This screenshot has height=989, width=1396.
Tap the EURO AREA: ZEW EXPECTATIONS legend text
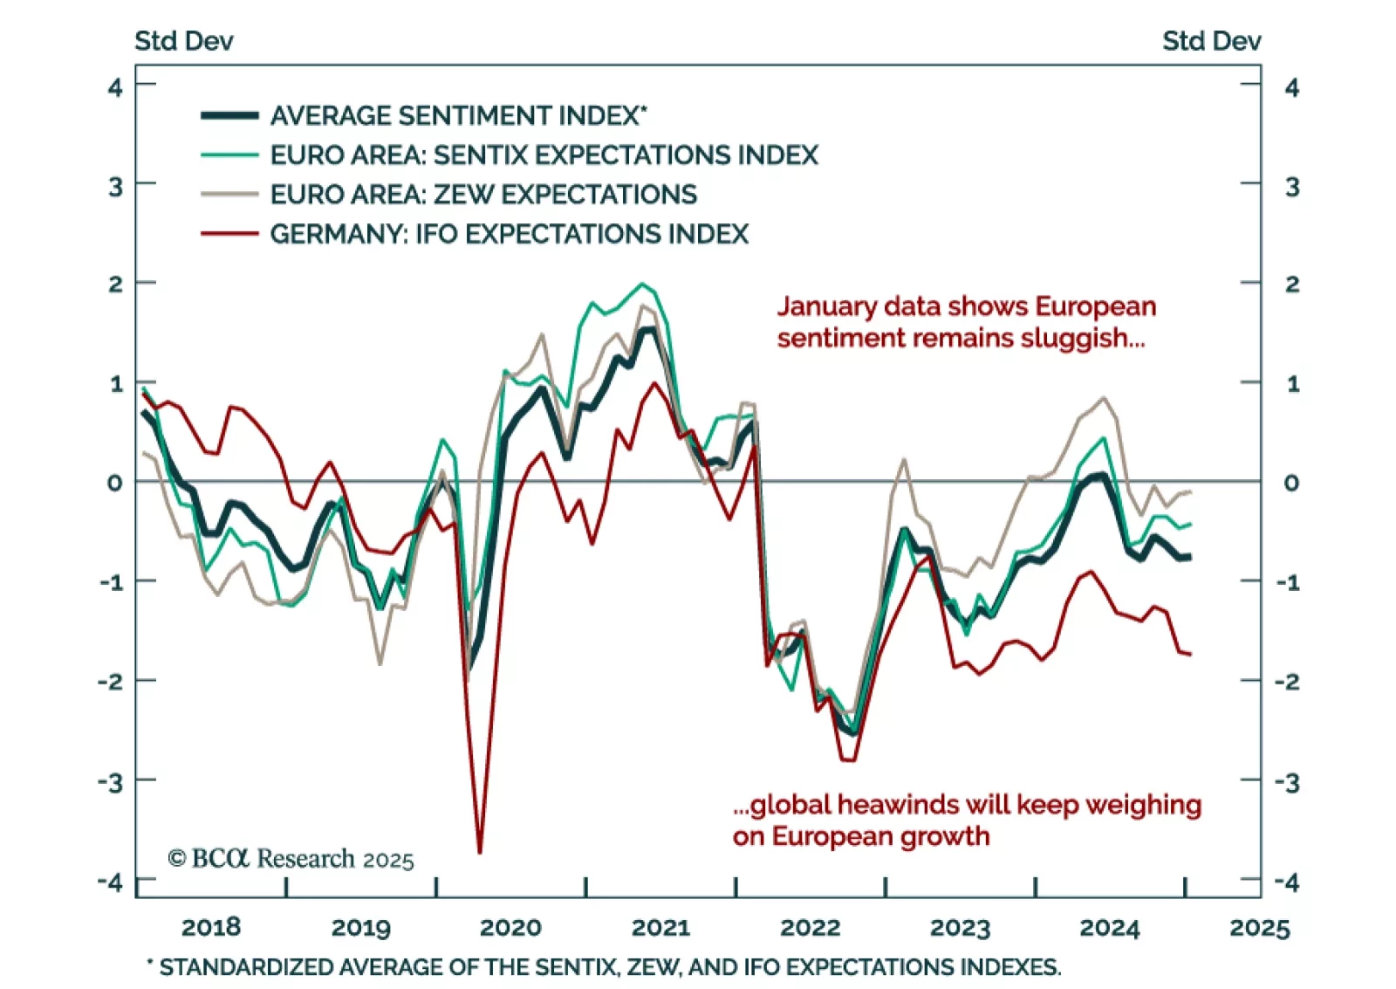tap(483, 195)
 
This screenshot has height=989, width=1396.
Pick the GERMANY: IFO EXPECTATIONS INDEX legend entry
tap(509, 234)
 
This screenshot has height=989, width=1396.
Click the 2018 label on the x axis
tap(211, 927)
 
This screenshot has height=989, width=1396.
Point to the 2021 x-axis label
tap(660, 927)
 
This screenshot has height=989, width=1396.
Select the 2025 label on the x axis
tap(1259, 927)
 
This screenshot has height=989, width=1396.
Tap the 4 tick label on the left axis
tap(115, 87)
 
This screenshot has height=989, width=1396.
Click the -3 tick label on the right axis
tap(1287, 782)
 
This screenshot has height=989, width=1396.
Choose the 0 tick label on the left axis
tap(115, 483)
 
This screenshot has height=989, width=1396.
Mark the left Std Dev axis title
tap(183, 41)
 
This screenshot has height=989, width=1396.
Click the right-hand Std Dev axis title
tap(1211, 41)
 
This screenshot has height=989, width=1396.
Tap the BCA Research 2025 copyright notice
tap(291, 859)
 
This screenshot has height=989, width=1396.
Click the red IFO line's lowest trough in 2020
tap(480, 851)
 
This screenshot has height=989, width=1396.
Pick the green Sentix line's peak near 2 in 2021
tap(642, 284)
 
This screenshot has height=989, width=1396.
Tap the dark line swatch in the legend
tap(229, 115)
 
